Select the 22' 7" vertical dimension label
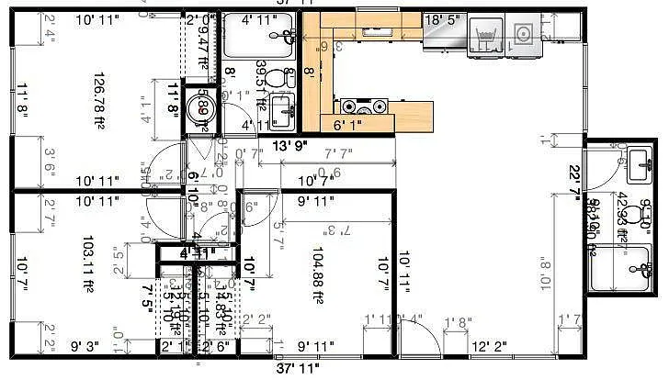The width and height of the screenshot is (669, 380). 576,179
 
